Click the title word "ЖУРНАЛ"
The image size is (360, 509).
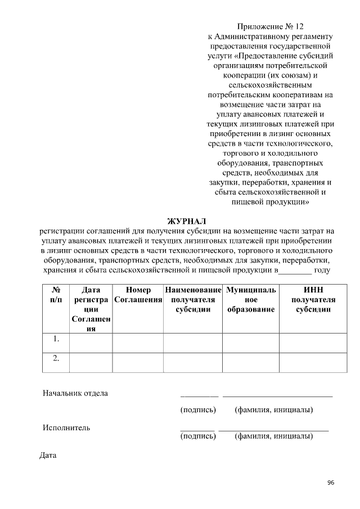[187, 220]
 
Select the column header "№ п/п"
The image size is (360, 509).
[56, 295]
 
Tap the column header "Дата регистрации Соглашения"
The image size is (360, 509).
[91, 309]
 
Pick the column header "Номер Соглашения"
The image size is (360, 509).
[138, 295]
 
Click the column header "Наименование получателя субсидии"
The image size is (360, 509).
[193, 300]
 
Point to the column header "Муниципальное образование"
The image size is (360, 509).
[251, 300]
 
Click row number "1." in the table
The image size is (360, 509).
[56, 339]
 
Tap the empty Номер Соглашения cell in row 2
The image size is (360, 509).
[138, 362]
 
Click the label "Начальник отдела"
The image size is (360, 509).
[75, 393]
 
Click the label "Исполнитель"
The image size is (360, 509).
[66, 427]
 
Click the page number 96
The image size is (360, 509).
[330, 483]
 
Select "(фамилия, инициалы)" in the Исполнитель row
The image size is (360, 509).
[274, 436]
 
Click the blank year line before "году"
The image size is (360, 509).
[295, 270]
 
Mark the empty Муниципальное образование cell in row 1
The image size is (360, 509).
[251, 342]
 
